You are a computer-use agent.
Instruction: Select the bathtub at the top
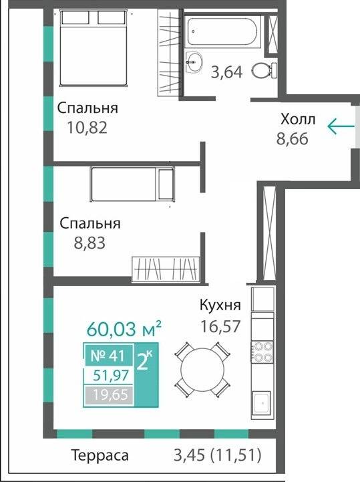[224, 31]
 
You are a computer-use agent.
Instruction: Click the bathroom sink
[194, 62]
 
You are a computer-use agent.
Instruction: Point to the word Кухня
[220, 305]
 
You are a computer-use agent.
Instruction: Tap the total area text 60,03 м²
[125, 329]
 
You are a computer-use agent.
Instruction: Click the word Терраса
[100, 456]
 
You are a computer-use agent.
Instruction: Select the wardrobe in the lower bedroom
[166, 269]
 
